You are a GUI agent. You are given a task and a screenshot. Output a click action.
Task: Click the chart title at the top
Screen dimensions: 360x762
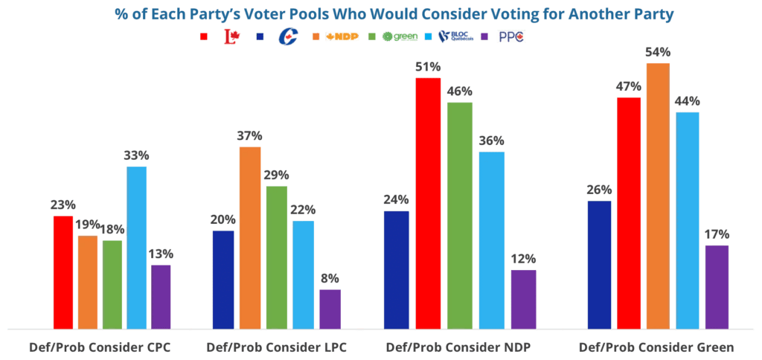click(380, 13)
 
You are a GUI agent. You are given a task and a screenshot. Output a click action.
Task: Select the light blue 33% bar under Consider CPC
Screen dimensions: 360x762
click(136, 246)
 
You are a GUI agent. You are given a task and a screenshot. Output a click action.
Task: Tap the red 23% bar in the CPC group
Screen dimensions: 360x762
click(63, 271)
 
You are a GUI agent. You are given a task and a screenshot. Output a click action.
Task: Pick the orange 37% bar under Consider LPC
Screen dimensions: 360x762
click(249, 237)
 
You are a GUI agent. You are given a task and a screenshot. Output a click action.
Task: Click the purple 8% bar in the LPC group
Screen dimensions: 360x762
click(330, 308)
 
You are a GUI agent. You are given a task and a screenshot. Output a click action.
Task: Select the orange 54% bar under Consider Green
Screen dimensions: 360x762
click(657, 195)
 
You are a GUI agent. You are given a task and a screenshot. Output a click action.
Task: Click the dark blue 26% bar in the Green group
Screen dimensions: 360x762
click(599, 264)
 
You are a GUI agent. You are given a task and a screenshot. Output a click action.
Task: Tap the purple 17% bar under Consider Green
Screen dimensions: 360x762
click(717, 286)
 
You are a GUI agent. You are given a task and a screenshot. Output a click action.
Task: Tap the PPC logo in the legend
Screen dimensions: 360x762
click(511, 36)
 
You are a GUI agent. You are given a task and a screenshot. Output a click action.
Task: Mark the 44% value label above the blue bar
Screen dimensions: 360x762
click(687, 101)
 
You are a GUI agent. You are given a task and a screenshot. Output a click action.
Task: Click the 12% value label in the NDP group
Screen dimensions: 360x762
click(523, 259)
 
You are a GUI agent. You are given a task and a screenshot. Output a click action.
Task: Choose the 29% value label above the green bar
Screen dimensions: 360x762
click(276, 176)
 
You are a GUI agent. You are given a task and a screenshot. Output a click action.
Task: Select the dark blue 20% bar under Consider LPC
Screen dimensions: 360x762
click(223, 279)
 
